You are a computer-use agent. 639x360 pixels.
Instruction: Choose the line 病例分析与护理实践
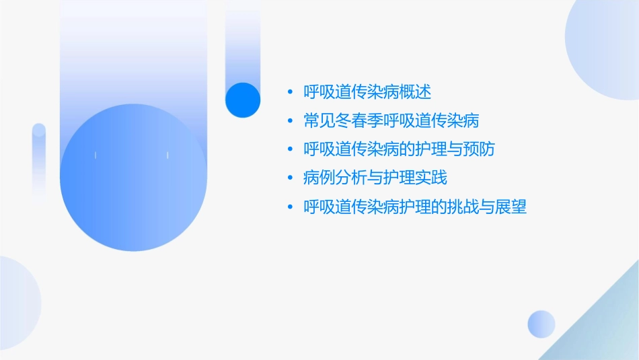[375, 178]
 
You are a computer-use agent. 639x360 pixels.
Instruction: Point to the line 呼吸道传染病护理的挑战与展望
[415, 207]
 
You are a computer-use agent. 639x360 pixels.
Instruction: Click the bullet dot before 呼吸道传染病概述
[289, 92]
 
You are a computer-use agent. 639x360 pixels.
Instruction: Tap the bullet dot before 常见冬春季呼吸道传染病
[289, 121]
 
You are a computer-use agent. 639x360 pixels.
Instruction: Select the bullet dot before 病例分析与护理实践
[289, 179]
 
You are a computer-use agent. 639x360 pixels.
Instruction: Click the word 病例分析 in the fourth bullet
[335, 178]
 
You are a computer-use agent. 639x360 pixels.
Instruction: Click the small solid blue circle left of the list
[242, 100]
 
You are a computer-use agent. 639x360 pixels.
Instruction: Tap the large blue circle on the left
[133, 177]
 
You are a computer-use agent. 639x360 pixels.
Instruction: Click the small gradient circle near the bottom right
[541, 324]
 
